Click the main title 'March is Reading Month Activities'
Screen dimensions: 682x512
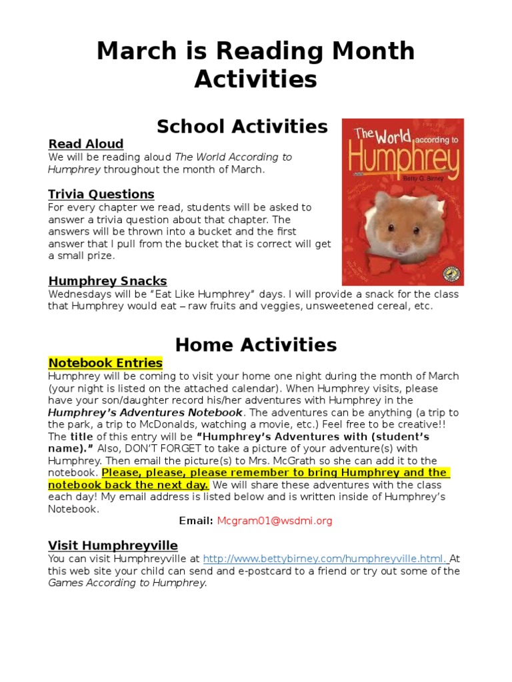click(255, 65)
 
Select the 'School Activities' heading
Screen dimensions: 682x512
click(242, 127)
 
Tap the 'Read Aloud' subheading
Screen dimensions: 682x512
click(85, 144)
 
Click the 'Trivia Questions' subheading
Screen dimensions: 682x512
click(101, 194)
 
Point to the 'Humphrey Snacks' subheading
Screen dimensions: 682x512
click(107, 281)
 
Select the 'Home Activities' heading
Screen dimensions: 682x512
click(255, 344)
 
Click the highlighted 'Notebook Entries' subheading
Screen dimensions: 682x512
click(105, 363)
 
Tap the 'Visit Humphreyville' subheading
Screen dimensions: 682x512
click(113, 545)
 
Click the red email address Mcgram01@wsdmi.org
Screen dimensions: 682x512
click(274, 521)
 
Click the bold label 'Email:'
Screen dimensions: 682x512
click(196, 521)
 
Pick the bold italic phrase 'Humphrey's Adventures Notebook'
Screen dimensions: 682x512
click(145, 412)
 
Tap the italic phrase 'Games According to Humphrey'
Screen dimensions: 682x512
click(127, 583)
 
